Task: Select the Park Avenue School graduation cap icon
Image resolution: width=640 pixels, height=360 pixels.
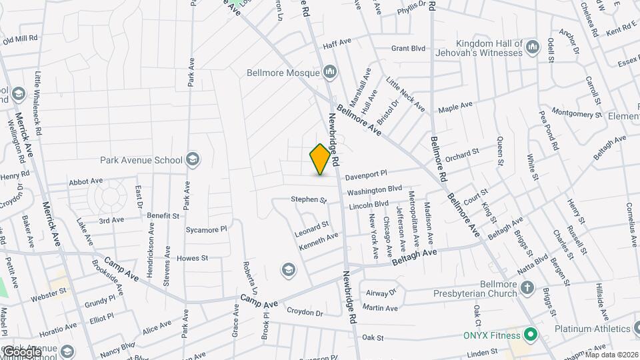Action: pos(193,159)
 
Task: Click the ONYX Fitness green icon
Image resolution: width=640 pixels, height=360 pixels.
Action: pos(531,333)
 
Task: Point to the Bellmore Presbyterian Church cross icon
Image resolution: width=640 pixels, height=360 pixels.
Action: pos(527,288)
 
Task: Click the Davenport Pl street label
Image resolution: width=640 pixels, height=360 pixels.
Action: pos(367,175)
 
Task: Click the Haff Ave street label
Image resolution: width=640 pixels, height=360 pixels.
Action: pos(337,42)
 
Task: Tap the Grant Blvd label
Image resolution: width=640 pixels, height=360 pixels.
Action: pos(408,48)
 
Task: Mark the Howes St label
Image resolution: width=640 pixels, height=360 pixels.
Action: pos(193,257)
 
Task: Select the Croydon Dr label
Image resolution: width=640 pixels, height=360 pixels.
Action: pos(305,312)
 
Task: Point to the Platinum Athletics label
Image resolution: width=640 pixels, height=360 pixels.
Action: pos(593,329)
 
